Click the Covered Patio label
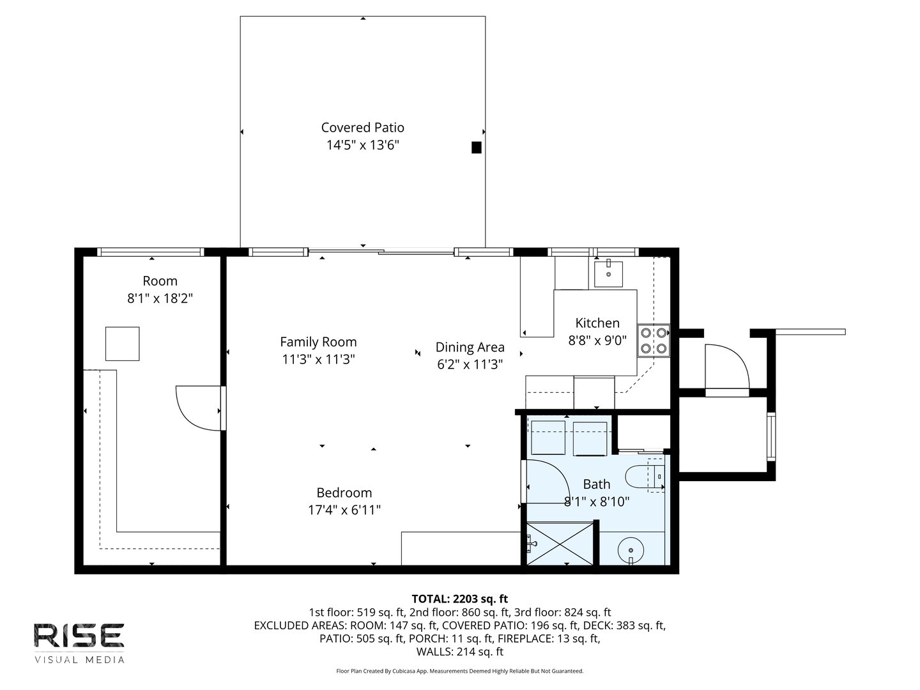(362, 128)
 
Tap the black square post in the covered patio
(476, 148)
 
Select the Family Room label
(318, 342)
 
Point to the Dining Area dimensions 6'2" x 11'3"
(470, 365)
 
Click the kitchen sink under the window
(608, 274)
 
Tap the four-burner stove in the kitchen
(653, 340)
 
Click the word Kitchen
(597, 323)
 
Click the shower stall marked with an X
(560, 543)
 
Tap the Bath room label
(596, 484)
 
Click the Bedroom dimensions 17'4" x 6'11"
(344, 510)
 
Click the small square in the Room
(122, 343)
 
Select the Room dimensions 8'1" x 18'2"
(160, 298)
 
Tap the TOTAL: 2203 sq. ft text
(459, 599)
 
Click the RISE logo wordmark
(79, 635)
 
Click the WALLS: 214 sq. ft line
(459, 652)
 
